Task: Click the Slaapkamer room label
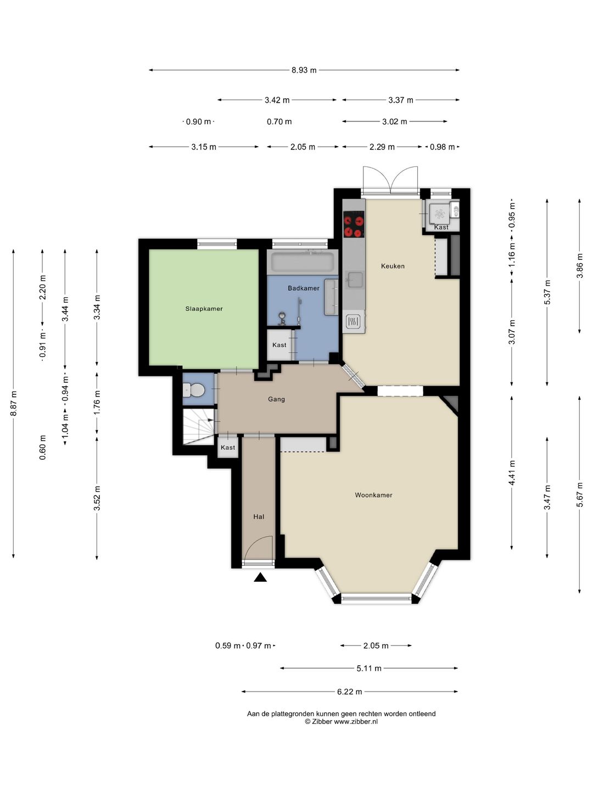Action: pos(204,309)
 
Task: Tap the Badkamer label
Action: pos(303,288)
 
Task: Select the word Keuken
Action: pos(393,266)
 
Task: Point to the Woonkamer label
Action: pos(373,495)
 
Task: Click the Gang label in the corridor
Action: pos(276,399)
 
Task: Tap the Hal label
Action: pos(259,516)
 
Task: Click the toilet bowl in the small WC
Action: pos(194,390)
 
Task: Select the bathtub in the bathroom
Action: pos(303,262)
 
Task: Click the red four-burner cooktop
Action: pos(353,226)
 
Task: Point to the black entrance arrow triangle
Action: pos(260,578)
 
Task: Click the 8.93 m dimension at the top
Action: pos(304,70)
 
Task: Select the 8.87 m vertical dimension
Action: pos(14,403)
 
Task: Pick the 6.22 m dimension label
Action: pos(349,692)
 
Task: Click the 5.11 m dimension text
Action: pos(368,669)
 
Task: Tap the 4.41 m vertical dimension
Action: pos(512,473)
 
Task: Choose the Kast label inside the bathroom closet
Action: pos(279,345)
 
